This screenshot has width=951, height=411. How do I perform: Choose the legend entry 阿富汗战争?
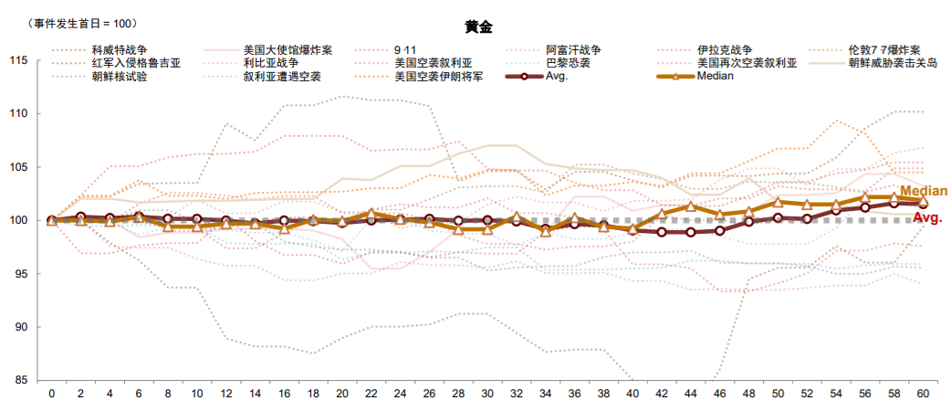[x=572, y=50]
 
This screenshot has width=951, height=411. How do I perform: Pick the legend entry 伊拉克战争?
[x=725, y=50]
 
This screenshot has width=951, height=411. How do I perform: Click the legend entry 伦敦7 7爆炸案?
[x=883, y=50]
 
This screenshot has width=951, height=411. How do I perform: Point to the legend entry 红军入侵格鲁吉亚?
[x=136, y=63]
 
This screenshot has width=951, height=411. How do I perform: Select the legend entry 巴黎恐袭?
[x=567, y=63]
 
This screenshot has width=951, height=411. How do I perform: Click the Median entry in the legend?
[x=715, y=76]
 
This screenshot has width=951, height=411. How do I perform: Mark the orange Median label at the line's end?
[x=923, y=191]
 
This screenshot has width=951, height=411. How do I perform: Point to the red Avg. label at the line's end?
[x=927, y=219]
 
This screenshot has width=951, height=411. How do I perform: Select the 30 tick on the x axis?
[x=487, y=393]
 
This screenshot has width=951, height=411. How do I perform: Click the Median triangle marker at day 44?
[x=691, y=206]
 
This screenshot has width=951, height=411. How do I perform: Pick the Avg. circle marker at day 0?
[x=51, y=220]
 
